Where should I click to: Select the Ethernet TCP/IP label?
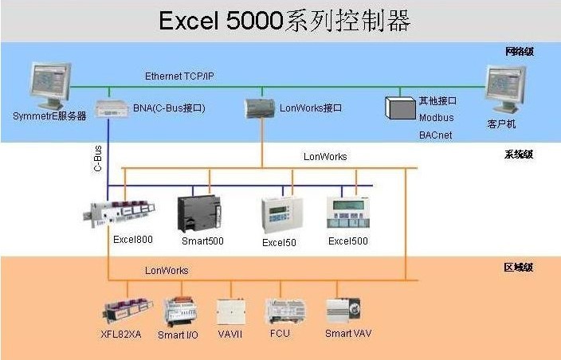point(179,76)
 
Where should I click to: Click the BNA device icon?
point(113,108)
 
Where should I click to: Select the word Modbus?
point(436,118)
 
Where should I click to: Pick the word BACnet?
point(435,135)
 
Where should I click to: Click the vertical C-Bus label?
point(97,158)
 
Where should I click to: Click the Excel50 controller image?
point(278,214)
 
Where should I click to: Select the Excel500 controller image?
point(349,213)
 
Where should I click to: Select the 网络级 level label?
point(520,52)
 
